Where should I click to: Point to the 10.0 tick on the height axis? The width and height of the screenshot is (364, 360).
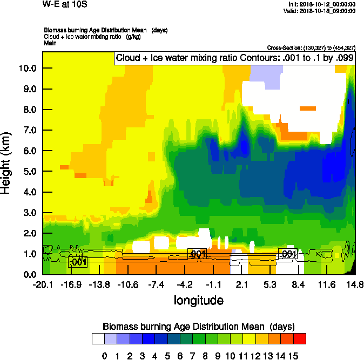click(x=28, y=69)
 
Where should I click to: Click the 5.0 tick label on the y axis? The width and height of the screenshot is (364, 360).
click(x=28, y=172)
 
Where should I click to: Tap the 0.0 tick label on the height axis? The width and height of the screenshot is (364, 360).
click(x=28, y=275)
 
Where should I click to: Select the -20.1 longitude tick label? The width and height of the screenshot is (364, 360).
click(x=43, y=284)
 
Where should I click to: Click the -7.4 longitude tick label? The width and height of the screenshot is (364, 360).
click(x=156, y=284)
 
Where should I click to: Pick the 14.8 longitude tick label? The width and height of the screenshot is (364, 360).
click(x=355, y=284)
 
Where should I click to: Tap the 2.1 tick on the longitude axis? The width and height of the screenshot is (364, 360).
click(x=241, y=284)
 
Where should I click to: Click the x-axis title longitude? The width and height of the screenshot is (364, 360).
click(x=199, y=300)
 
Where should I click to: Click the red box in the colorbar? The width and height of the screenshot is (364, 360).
click(x=300, y=339)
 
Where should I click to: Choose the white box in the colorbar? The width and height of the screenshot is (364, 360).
click(x=98, y=339)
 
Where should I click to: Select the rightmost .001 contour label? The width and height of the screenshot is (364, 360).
click(x=288, y=254)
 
